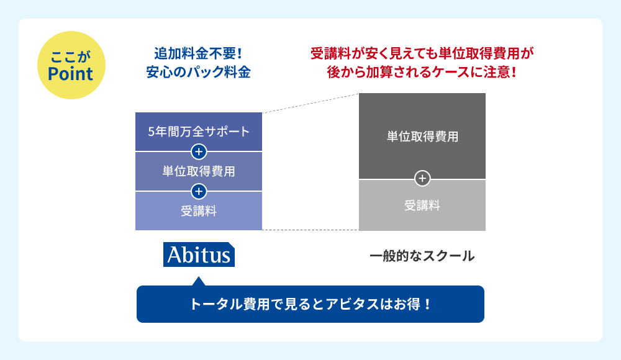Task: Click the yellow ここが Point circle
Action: click(x=71, y=65)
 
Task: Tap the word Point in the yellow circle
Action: click(x=71, y=74)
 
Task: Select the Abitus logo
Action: click(x=199, y=254)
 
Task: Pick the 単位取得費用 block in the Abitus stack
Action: click(x=199, y=171)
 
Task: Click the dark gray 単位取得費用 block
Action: click(x=422, y=136)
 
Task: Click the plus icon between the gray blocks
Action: click(x=422, y=179)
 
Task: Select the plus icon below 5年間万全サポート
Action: click(x=199, y=151)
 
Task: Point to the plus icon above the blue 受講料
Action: click(x=199, y=191)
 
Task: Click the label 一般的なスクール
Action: click(x=422, y=255)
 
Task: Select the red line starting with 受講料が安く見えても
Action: click(x=422, y=53)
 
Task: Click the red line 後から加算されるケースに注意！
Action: click(x=422, y=72)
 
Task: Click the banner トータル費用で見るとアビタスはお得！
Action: click(x=310, y=305)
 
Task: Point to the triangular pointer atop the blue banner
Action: click(x=199, y=282)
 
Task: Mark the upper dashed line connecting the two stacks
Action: click(x=310, y=103)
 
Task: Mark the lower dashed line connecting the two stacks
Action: click(x=310, y=230)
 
